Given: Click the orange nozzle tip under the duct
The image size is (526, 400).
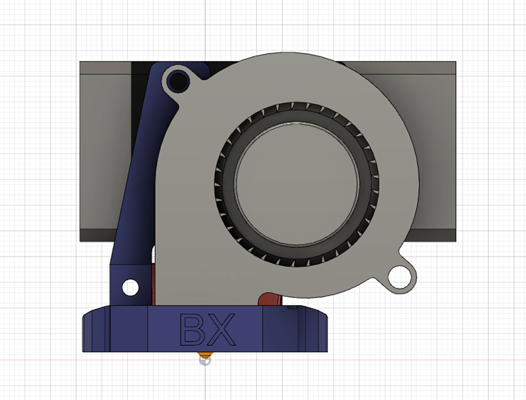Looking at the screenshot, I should point(205,355).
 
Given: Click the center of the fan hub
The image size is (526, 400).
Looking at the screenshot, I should point(295,183).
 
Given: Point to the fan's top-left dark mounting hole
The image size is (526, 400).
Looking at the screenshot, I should point(179,80).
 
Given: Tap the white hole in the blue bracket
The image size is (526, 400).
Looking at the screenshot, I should point(130,286).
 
